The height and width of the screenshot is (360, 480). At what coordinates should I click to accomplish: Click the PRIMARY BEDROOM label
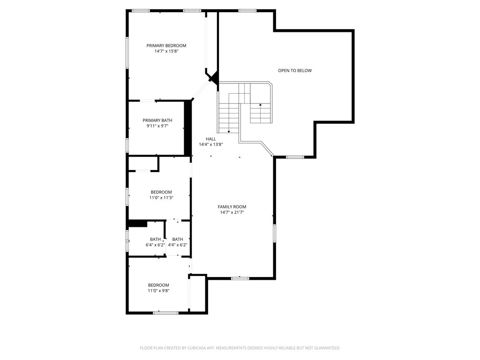click(x=166, y=45)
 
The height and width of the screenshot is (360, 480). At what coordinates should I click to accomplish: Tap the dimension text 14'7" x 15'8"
click(x=166, y=51)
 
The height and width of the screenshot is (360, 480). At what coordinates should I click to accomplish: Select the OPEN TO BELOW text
click(x=294, y=71)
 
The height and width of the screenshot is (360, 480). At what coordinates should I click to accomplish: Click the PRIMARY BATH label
click(x=157, y=120)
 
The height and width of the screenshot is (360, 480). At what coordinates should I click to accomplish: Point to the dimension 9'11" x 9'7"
click(x=157, y=126)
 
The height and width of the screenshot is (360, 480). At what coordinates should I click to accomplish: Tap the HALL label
click(x=210, y=139)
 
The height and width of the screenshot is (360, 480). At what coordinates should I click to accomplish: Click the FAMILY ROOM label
click(x=232, y=207)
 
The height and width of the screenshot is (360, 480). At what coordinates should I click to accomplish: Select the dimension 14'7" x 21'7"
click(x=232, y=212)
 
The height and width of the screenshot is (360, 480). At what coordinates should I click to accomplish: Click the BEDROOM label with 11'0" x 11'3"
click(x=161, y=192)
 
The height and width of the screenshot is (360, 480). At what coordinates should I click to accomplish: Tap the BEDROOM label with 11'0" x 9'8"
click(x=158, y=285)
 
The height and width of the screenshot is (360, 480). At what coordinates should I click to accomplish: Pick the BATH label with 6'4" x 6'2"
click(x=155, y=240)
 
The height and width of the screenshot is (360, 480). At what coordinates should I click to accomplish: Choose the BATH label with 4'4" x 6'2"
click(x=177, y=240)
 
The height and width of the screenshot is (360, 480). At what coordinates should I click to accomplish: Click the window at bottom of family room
click(x=240, y=278)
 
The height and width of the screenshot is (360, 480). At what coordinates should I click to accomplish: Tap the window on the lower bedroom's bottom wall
click(x=165, y=312)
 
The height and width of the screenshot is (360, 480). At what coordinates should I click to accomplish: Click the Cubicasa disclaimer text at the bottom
click(x=240, y=348)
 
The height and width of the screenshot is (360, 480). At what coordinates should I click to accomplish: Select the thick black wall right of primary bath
click(x=188, y=127)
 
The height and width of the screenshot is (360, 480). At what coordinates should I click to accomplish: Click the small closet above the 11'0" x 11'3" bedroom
click(x=143, y=163)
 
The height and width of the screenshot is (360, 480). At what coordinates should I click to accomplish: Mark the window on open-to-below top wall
click(x=247, y=10)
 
